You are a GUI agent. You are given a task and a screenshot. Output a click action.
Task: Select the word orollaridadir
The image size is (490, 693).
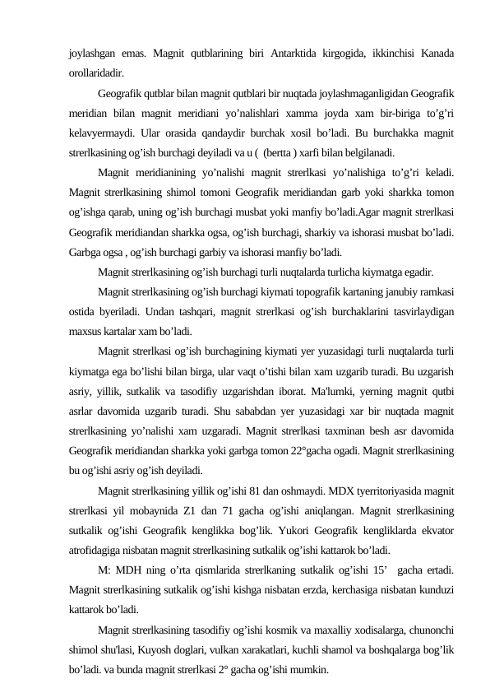(x=96, y=72)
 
